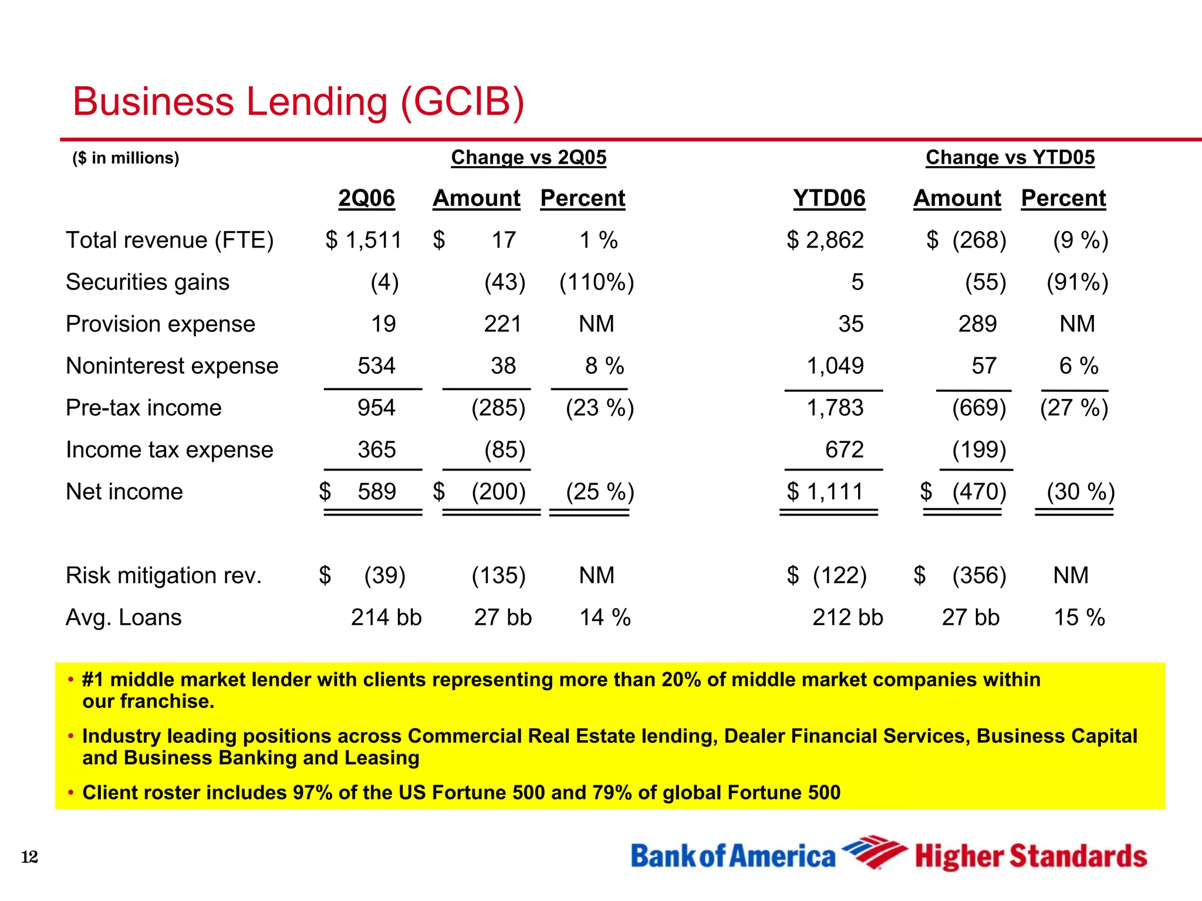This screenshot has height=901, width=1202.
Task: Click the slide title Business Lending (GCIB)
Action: pyautogui.click(x=298, y=101)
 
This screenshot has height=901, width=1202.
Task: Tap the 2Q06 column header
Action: pyautogui.click(x=366, y=198)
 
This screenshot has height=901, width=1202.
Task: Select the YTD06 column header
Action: pyautogui.click(x=829, y=198)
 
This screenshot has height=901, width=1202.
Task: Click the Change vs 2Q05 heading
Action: pyautogui.click(x=528, y=157)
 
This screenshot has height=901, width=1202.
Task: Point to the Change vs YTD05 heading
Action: pyautogui.click(x=1009, y=157)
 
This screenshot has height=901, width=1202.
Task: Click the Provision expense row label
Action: pyautogui.click(x=160, y=324)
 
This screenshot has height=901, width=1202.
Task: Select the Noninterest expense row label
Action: pyautogui.click(x=172, y=366)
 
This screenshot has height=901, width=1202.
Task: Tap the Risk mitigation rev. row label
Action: pyautogui.click(x=163, y=575)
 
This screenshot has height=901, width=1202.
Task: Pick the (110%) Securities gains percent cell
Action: pyautogui.click(x=596, y=282)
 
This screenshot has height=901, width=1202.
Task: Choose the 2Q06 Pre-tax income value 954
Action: pyautogui.click(x=376, y=408)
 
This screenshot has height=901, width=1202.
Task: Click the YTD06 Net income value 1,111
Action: pyautogui.click(x=834, y=492)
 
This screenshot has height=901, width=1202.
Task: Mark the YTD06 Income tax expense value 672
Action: pyautogui.click(x=844, y=450)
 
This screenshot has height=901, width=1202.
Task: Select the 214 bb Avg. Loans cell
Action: pyautogui.click(x=386, y=618)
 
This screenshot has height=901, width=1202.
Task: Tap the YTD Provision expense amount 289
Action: pyautogui.click(x=977, y=324)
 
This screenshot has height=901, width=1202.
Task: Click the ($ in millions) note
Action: pyautogui.click(x=126, y=158)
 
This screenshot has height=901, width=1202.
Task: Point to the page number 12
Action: pyautogui.click(x=29, y=857)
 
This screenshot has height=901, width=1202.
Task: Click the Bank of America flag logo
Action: pyautogui.click(x=873, y=852)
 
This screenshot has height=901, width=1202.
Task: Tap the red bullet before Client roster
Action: pyautogui.click(x=70, y=793)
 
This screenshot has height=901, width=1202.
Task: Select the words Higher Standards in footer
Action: pyautogui.click(x=1031, y=856)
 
